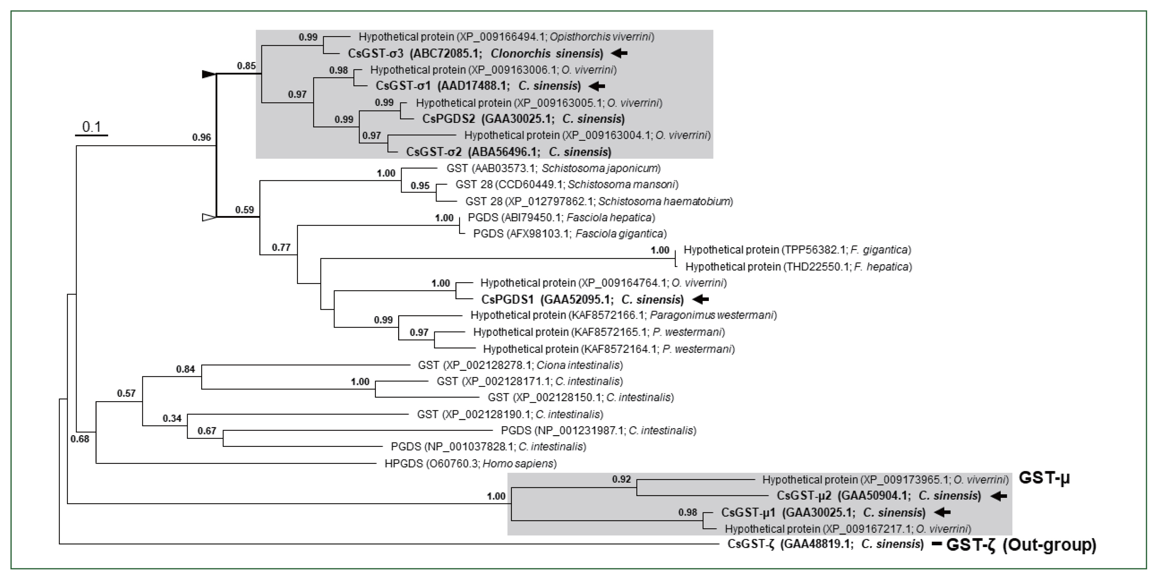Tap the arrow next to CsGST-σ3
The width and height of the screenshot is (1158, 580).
click(619, 53)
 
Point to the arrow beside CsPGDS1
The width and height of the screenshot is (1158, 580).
click(700, 299)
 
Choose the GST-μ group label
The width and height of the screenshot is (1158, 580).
click(1044, 478)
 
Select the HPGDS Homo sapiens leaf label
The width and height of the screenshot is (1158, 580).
click(470, 464)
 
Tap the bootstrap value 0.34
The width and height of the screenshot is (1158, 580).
click(172, 418)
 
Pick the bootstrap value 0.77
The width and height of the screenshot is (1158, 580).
click(281, 247)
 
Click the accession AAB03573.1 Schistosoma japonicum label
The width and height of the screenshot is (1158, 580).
click(553, 169)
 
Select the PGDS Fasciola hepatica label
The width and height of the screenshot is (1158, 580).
click(561, 217)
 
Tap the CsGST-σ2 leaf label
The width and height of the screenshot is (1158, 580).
click(508, 152)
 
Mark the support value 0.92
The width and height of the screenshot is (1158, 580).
click(621, 479)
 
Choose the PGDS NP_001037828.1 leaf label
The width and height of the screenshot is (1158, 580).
click(488, 447)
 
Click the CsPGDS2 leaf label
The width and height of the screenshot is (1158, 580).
click(523, 119)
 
